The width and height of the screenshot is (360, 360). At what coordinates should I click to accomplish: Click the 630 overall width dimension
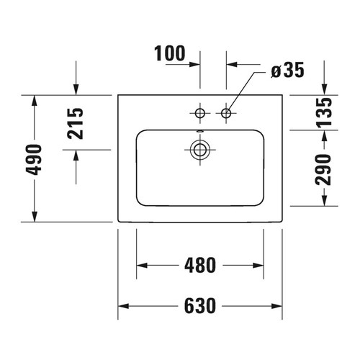200,306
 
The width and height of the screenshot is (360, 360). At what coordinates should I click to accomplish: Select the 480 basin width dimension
200,266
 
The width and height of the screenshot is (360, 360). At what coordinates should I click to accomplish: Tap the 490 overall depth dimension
34,160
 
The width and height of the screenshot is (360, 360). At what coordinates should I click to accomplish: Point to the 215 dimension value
76,124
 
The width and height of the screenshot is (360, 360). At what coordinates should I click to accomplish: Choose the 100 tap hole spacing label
170,53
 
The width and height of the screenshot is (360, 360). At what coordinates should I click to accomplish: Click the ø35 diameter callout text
287,70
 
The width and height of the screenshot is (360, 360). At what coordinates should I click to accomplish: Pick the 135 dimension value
324,112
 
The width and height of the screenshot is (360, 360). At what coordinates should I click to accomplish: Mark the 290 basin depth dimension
323,170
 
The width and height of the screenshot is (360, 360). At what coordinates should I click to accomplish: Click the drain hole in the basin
200,150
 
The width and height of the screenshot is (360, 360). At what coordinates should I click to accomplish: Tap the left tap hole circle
200,112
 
